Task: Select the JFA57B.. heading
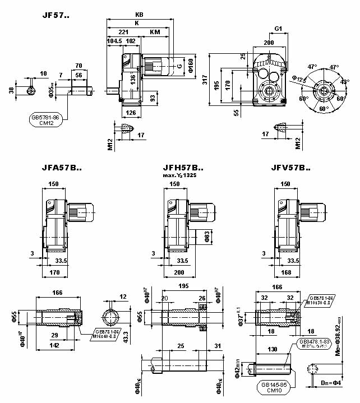[62, 167]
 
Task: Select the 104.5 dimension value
[114, 41]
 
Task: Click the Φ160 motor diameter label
[191, 66]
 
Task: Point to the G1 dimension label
[278, 28]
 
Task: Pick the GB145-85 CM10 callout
[275, 388]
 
